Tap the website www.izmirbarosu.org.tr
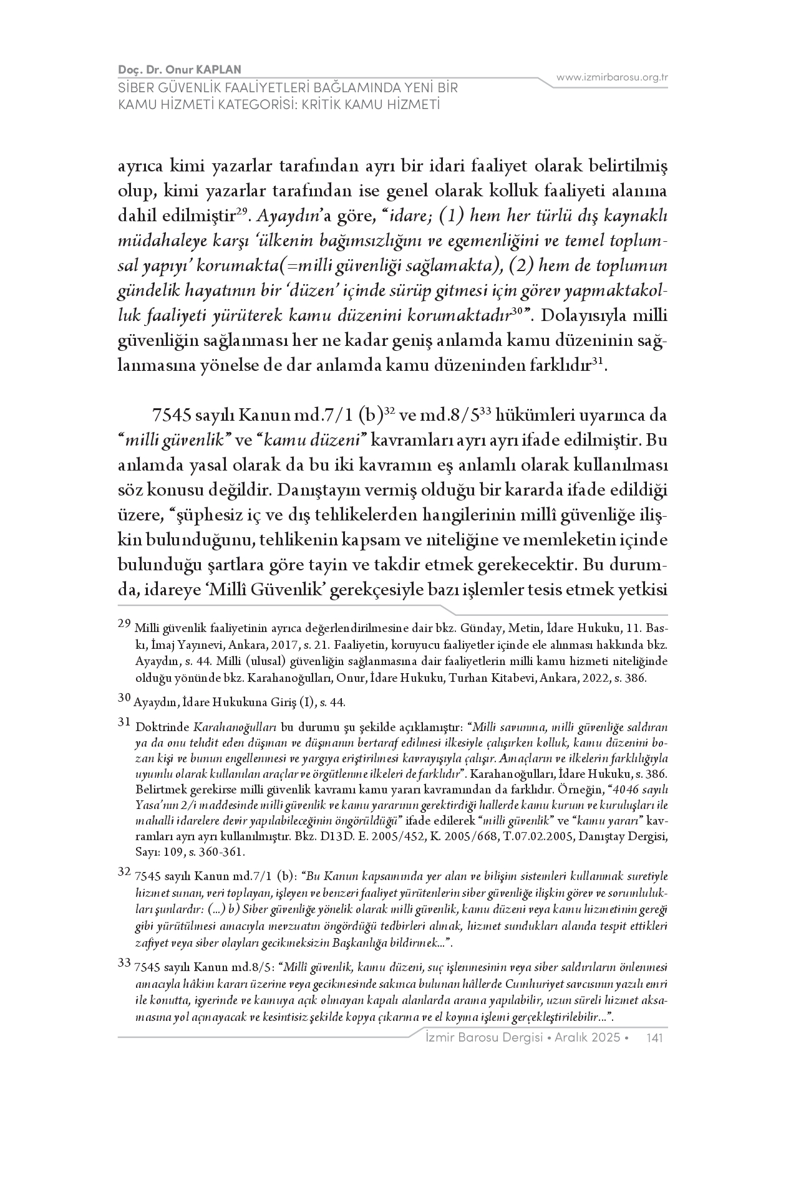pyautogui.click(x=612, y=77)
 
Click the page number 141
pyautogui.click(x=656, y=1037)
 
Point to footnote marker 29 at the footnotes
pyautogui.click(x=124, y=623)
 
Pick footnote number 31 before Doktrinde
pyautogui.click(x=124, y=723)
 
